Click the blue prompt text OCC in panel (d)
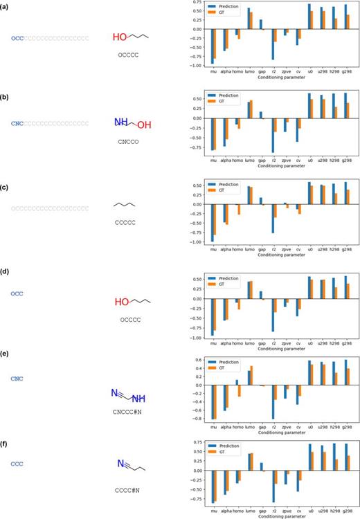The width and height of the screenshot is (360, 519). click(17, 293)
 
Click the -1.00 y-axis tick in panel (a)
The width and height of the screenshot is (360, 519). click(198, 66)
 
